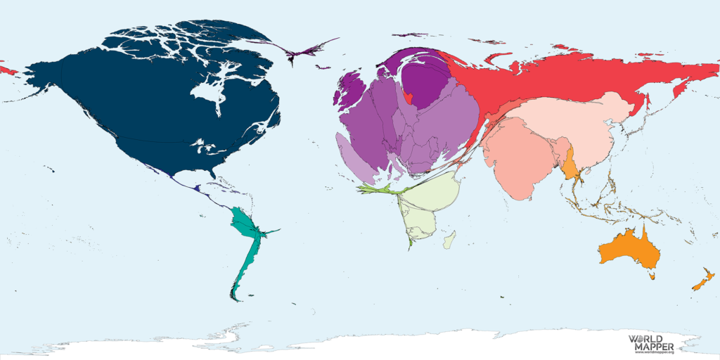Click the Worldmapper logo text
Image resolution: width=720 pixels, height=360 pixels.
(650, 343)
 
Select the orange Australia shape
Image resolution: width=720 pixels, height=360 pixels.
(628, 247)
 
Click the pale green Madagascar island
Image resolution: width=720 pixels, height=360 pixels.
(449, 242)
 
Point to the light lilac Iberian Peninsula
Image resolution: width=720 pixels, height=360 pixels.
(355, 158)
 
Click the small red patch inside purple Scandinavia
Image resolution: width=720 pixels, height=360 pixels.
(408, 96)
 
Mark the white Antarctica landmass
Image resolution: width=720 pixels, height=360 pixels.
(422, 345)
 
